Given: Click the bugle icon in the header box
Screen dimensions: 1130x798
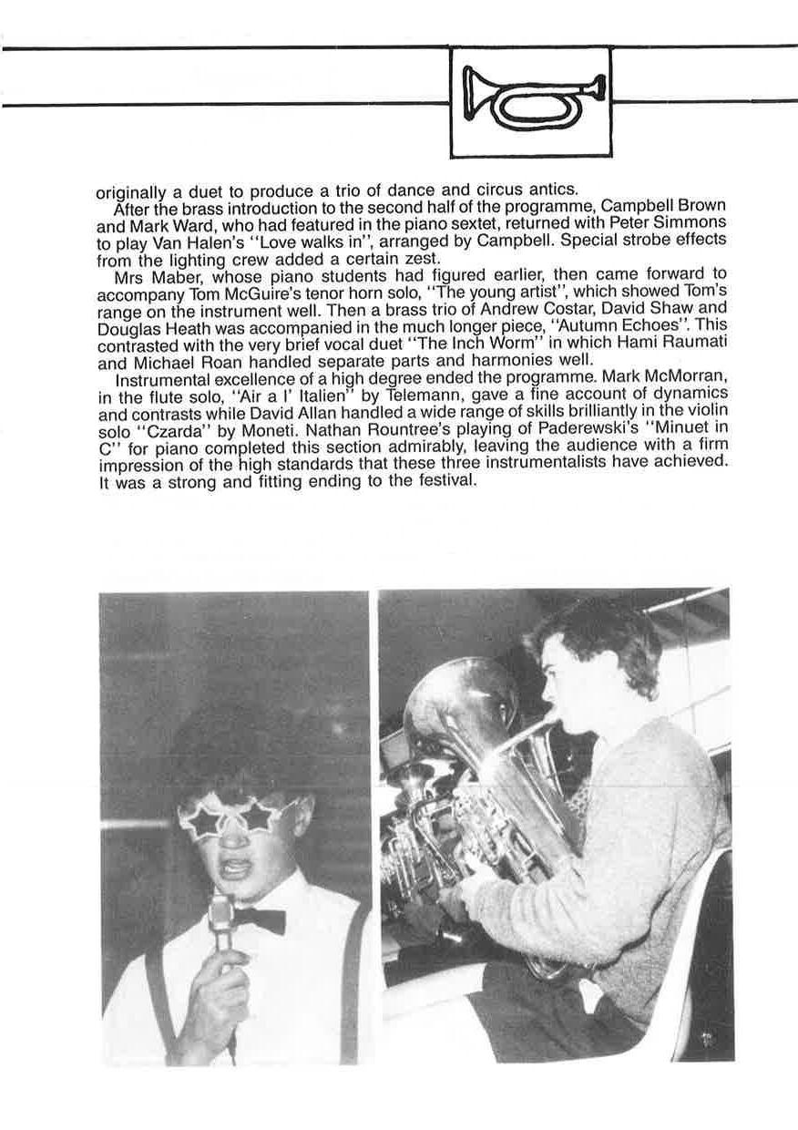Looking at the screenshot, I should (532, 101).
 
